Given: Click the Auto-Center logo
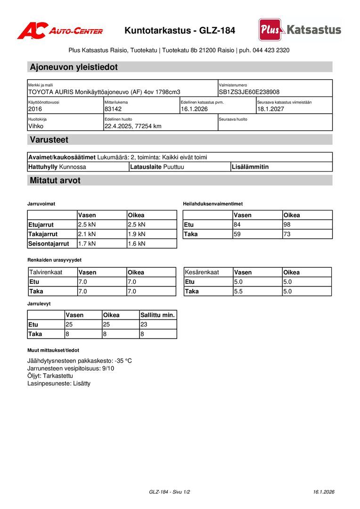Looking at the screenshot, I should [x=60, y=31].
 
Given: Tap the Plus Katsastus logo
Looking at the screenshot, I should [x=300, y=30].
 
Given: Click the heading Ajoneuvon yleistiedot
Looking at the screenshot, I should [x=74, y=67].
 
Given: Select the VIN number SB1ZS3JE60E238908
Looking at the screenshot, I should [x=249, y=92].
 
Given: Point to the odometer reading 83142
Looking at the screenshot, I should [x=113, y=109].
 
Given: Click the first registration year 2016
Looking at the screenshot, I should [x=35, y=109].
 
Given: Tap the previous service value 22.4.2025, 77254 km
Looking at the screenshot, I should [x=133, y=126].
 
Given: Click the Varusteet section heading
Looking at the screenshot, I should [x=49, y=140].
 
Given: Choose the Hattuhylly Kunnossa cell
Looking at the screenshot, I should [x=57, y=167].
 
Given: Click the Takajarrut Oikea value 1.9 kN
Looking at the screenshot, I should [x=137, y=234].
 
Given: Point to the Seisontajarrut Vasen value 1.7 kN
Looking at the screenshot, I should [x=87, y=244].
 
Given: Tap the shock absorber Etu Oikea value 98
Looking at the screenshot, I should [x=287, y=225].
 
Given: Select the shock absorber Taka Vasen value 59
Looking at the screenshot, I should [x=237, y=234].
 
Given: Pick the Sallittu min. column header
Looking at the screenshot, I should [x=157, y=315].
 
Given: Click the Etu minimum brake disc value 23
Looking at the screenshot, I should [x=144, y=325].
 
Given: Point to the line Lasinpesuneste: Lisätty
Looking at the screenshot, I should [x=59, y=384].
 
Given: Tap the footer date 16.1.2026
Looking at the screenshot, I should [x=324, y=492].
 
